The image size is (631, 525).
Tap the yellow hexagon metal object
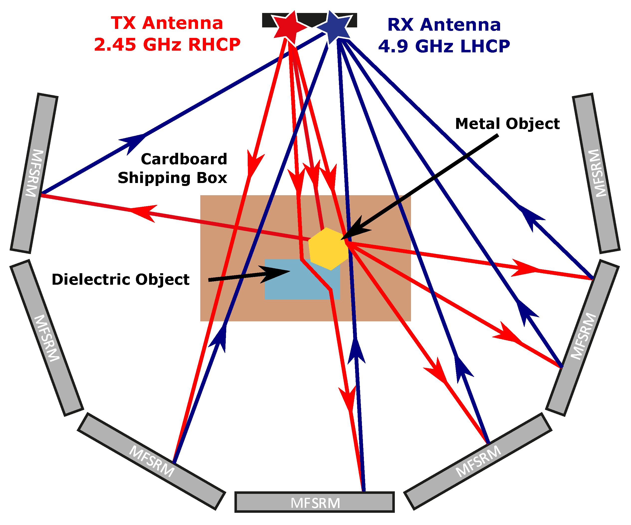tap(328, 249)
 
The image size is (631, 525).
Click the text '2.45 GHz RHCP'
tap(167, 44)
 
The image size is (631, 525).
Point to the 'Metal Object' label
tap(507, 124)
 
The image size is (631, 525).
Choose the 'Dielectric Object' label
tap(120, 279)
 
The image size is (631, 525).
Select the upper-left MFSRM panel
tap(34, 173)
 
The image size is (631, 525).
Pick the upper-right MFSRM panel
tap(596, 173)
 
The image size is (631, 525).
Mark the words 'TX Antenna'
tap(167, 23)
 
